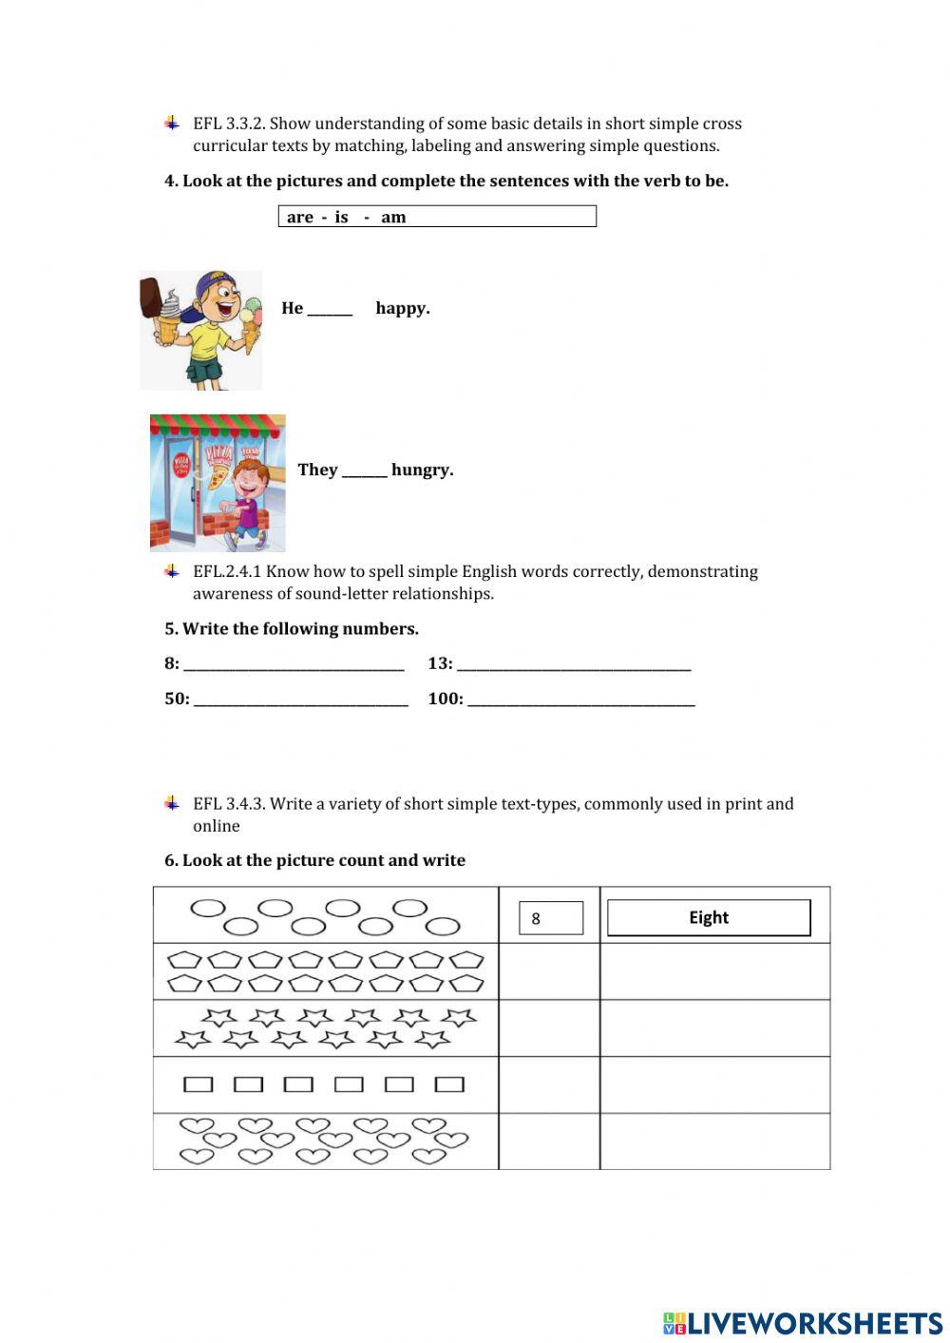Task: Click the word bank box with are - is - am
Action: tap(437, 217)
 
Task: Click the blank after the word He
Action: tap(330, 310)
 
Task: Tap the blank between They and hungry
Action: tap(364, 471)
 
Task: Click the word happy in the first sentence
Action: tap(403, 308)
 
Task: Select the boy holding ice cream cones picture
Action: tap(201, 330)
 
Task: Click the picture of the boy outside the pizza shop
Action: tap(218, 483)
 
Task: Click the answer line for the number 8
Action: tap(294, 665)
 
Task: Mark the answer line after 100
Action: tap(580, 700)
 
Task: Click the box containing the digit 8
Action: tap(551, 918)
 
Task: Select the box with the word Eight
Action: tap(709, 918)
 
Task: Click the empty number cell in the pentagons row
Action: tap(549, 971)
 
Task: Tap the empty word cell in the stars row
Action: tap(714, 1028)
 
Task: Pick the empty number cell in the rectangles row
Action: tap(549, 1084)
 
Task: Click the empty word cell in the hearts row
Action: tap(714, 1142)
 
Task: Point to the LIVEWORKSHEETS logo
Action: tap(803, 1323)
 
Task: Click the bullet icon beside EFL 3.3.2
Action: tap(172, 124)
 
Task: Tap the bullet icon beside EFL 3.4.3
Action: tap(172, 804)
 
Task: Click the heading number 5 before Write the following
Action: tap(170, 629)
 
